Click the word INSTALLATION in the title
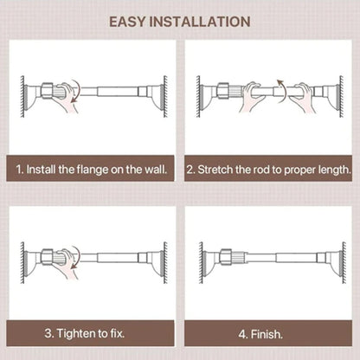pos(202,21)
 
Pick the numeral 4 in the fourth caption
pos(243,332)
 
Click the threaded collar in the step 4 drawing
pos(227,255)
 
